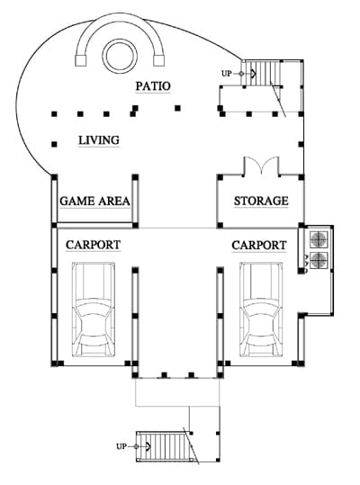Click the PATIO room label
(x=153, y=86)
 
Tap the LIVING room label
(x=99, y=140)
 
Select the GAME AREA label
(x=94, y=201)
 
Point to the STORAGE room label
(x=261, y=201)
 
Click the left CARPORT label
(x=93, y=245)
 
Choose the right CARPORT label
(x=259, y=246)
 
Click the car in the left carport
(x=94, y=310)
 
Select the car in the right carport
(x=261, y=310)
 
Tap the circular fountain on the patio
(x=120, y=56)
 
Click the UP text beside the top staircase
(x=227, y=74)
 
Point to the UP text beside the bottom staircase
(x=121, y=446)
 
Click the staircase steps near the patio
(x=261, y=73)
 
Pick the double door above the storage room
(x=262, y=166)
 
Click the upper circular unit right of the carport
(x=319, y=239)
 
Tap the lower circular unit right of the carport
(x=319, y=260)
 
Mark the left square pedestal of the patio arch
(x=81, y=60)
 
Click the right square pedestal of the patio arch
(x=159, y=60)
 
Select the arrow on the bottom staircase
(x=142, y=446)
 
